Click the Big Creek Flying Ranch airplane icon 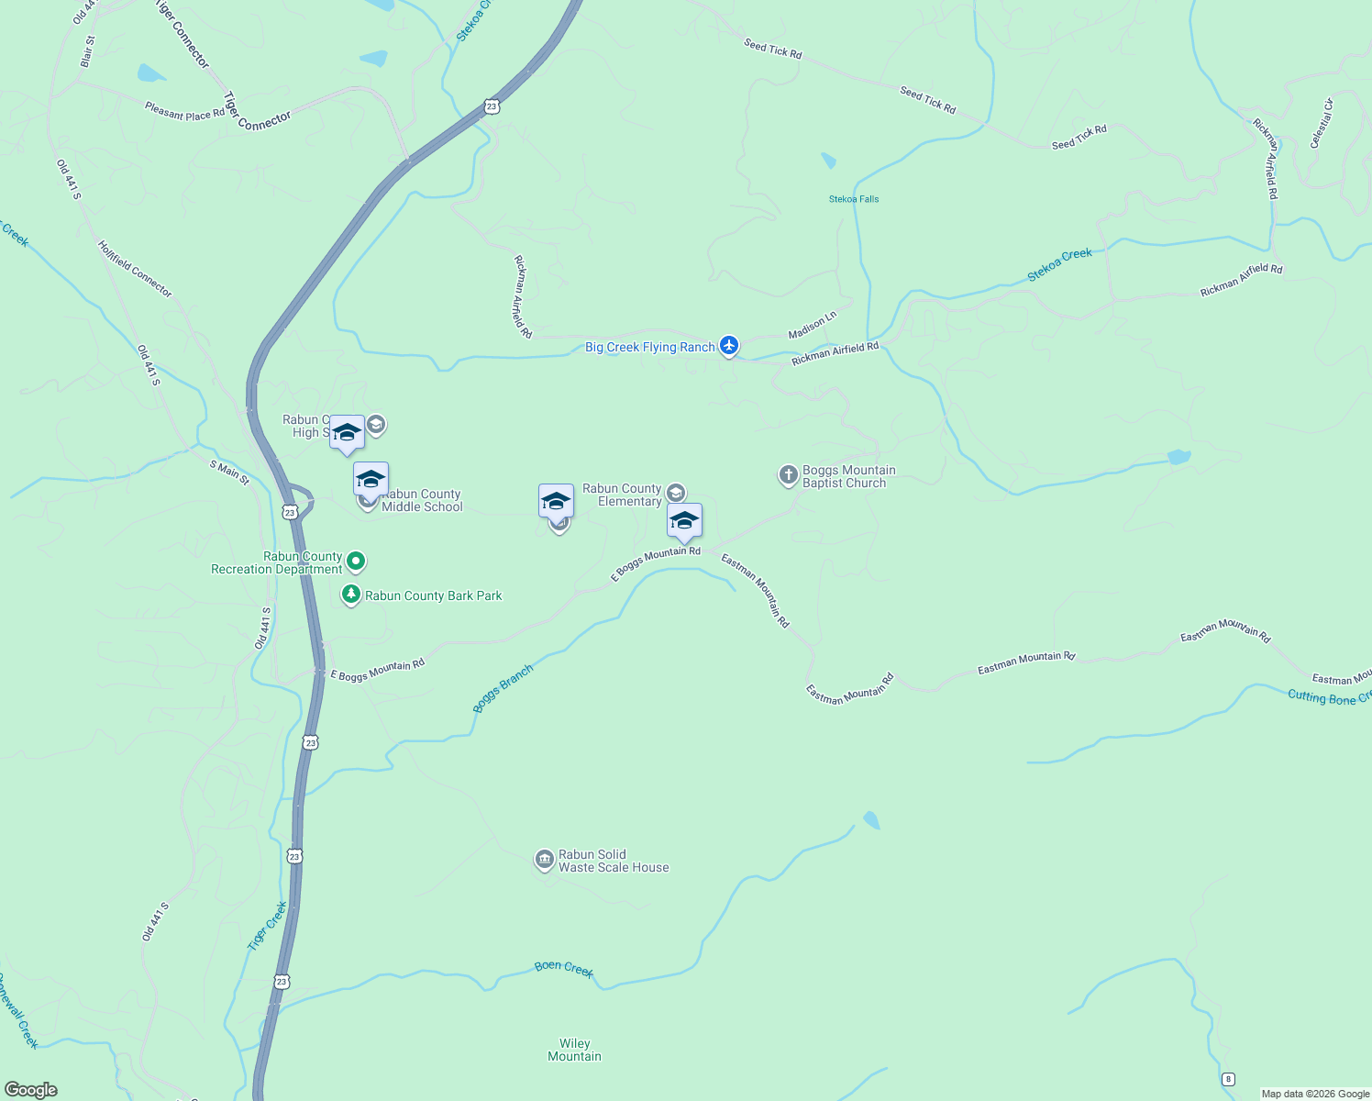click(x=729, y=346)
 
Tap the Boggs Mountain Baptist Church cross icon click(x=788, y=475)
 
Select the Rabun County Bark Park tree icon click(x=350, y=595)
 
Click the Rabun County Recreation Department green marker click(x=357, y=561)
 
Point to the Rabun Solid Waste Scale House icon click(x=544, y=860)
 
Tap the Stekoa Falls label click(x=854, y=199)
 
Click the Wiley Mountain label click(x=575, y=1050)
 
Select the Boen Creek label click(x=564, y=969)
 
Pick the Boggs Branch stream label click(x=503, y=689)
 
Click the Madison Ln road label click(x=813, y=325)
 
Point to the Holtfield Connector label click(x=135, y=269)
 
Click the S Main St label click(x=229, y=472)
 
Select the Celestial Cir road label click(x=1321, y=124)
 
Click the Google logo click(x=31, y=1090)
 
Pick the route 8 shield click(x=1228, y=1079)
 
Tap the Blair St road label click(x=88, y=52)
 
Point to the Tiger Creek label click(x=268, y=926)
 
